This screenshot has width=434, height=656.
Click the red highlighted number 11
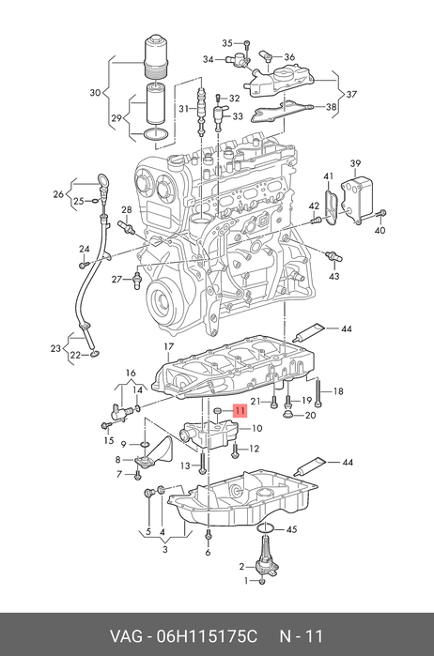point(240,411)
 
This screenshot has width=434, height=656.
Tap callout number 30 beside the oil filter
point(96,92)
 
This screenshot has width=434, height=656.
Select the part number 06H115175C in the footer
point(207,636)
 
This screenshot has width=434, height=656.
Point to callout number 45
point(291,529)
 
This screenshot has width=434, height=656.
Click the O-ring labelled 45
point(265,528)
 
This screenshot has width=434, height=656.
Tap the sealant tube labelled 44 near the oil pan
point(309,466)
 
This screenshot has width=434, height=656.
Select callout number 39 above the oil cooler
point(355,163)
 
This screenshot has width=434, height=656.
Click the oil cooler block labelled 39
point(357,198)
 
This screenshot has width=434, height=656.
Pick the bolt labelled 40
point(380,213)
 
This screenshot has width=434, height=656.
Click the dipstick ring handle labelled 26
point(102,181)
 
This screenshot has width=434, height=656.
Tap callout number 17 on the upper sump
point(168,346)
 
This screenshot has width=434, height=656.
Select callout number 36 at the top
point(289,57)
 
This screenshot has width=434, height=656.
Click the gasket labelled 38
point(282,111)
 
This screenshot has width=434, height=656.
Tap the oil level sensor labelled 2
point(265,556)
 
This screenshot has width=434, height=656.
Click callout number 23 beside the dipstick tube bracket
point(55,348)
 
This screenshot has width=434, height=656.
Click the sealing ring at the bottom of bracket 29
point(155,134)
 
